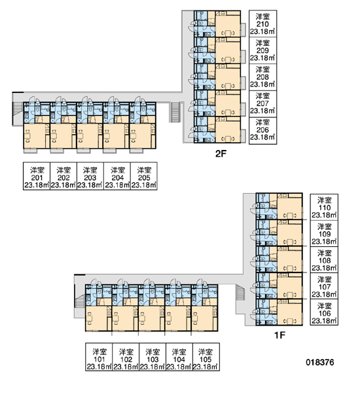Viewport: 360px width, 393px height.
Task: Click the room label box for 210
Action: tap(262, 24)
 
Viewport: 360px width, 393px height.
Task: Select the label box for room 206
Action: tap(262, 131)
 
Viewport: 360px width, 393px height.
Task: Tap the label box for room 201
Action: tap(37, 176)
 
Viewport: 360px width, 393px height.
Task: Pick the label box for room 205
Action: tap(144, 176)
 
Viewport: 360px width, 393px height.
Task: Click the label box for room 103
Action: tap(153, 357)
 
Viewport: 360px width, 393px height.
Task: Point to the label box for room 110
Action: tap(324, 207)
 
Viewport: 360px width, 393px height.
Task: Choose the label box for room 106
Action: tap(324, 312)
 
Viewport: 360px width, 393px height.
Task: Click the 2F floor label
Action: tap(221, 154)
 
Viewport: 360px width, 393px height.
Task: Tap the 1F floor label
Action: tap(280, 335)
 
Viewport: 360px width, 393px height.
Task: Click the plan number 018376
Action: tap(320, 362)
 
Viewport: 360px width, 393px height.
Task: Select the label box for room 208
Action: tap(262, 77)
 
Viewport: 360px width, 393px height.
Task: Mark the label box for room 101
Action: tap(99, 357)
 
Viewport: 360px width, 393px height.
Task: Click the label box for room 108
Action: tap(324, 260)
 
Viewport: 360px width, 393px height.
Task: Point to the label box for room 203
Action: tap(90, 176)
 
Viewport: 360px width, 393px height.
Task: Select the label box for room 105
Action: tap(206, 357)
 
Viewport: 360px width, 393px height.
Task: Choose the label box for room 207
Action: tap(262, 104)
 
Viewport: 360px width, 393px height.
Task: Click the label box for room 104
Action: tap(179, 357)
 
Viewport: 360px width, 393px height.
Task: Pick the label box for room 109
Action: tap(324, 234)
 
